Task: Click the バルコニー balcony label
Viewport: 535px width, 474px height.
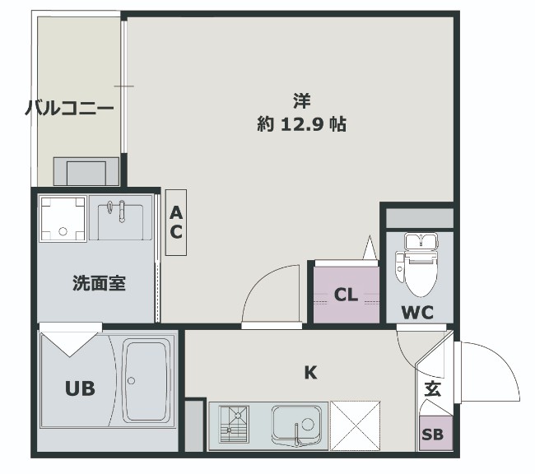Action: point(69,108)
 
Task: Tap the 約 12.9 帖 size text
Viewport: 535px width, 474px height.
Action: point(301,125)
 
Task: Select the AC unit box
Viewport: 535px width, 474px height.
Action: point(176,222)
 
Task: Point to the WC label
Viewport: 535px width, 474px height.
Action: point(417,313)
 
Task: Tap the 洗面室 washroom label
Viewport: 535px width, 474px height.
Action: point(99,283)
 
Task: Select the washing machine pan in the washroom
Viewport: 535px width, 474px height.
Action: point(63,219)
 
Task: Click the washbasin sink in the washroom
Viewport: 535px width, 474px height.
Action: point(120,220)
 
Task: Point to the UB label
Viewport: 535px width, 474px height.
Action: point(79,389)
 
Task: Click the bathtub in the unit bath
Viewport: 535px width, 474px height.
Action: point(146,380)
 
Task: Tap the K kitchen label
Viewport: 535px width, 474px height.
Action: point(310,373)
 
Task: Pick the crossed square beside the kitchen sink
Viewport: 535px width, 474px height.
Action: point(354,425)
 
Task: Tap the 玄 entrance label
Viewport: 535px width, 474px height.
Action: point(432,390)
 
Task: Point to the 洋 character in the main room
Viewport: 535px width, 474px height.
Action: point(301,102)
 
